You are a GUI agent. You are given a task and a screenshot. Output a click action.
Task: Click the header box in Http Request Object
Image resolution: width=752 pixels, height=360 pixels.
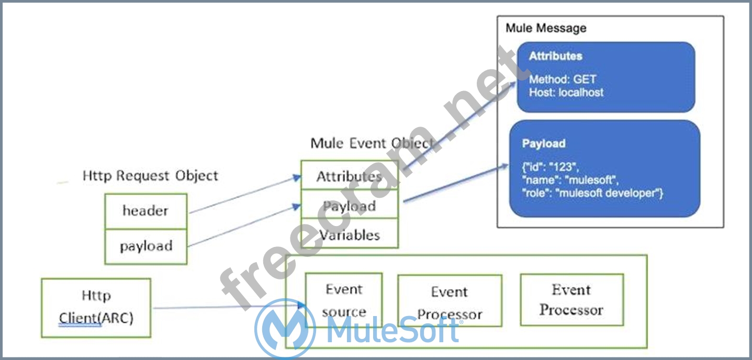[x=145, y=211]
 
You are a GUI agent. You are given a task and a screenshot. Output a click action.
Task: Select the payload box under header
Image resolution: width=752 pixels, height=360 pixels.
[x=145, y=246]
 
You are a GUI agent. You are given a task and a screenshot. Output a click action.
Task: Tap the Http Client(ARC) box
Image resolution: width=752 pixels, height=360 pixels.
[x=96, y=307]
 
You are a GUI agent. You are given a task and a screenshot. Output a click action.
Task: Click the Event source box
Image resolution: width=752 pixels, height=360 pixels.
[x=344, y=300]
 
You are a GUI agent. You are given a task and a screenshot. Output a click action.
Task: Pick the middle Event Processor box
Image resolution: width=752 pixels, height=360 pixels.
[x=450, y=303]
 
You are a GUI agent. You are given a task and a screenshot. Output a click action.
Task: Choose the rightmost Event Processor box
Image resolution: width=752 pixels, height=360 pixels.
[x=571, y=300]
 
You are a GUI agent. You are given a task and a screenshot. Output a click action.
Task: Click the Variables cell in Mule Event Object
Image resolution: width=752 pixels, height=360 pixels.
[x=349, y=234]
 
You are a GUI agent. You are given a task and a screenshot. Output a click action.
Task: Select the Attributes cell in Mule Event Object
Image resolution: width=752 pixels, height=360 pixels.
[x=349, y=176]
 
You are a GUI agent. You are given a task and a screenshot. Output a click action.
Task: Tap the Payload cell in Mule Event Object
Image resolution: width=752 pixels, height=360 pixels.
[x=349, y=206]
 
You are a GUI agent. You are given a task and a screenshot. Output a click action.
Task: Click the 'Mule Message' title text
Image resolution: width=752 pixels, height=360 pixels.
[x=546, y=28]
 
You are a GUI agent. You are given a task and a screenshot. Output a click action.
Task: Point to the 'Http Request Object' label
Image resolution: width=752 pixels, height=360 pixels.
[x=150, y=176]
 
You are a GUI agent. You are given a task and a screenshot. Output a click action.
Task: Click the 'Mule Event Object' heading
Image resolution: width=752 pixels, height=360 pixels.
[x=372, y=143]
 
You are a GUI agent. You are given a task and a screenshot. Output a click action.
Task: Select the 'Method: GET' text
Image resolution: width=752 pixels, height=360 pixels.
[x=563, y=80]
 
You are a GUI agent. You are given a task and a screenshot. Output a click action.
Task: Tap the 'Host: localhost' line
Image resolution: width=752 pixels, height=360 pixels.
[x=566, y=93]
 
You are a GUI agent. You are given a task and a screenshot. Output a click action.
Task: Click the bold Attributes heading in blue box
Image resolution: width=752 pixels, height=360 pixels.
[x=555, y=56]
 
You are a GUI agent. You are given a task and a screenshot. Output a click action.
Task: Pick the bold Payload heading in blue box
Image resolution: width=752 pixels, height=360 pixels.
[x=543, y=143]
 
